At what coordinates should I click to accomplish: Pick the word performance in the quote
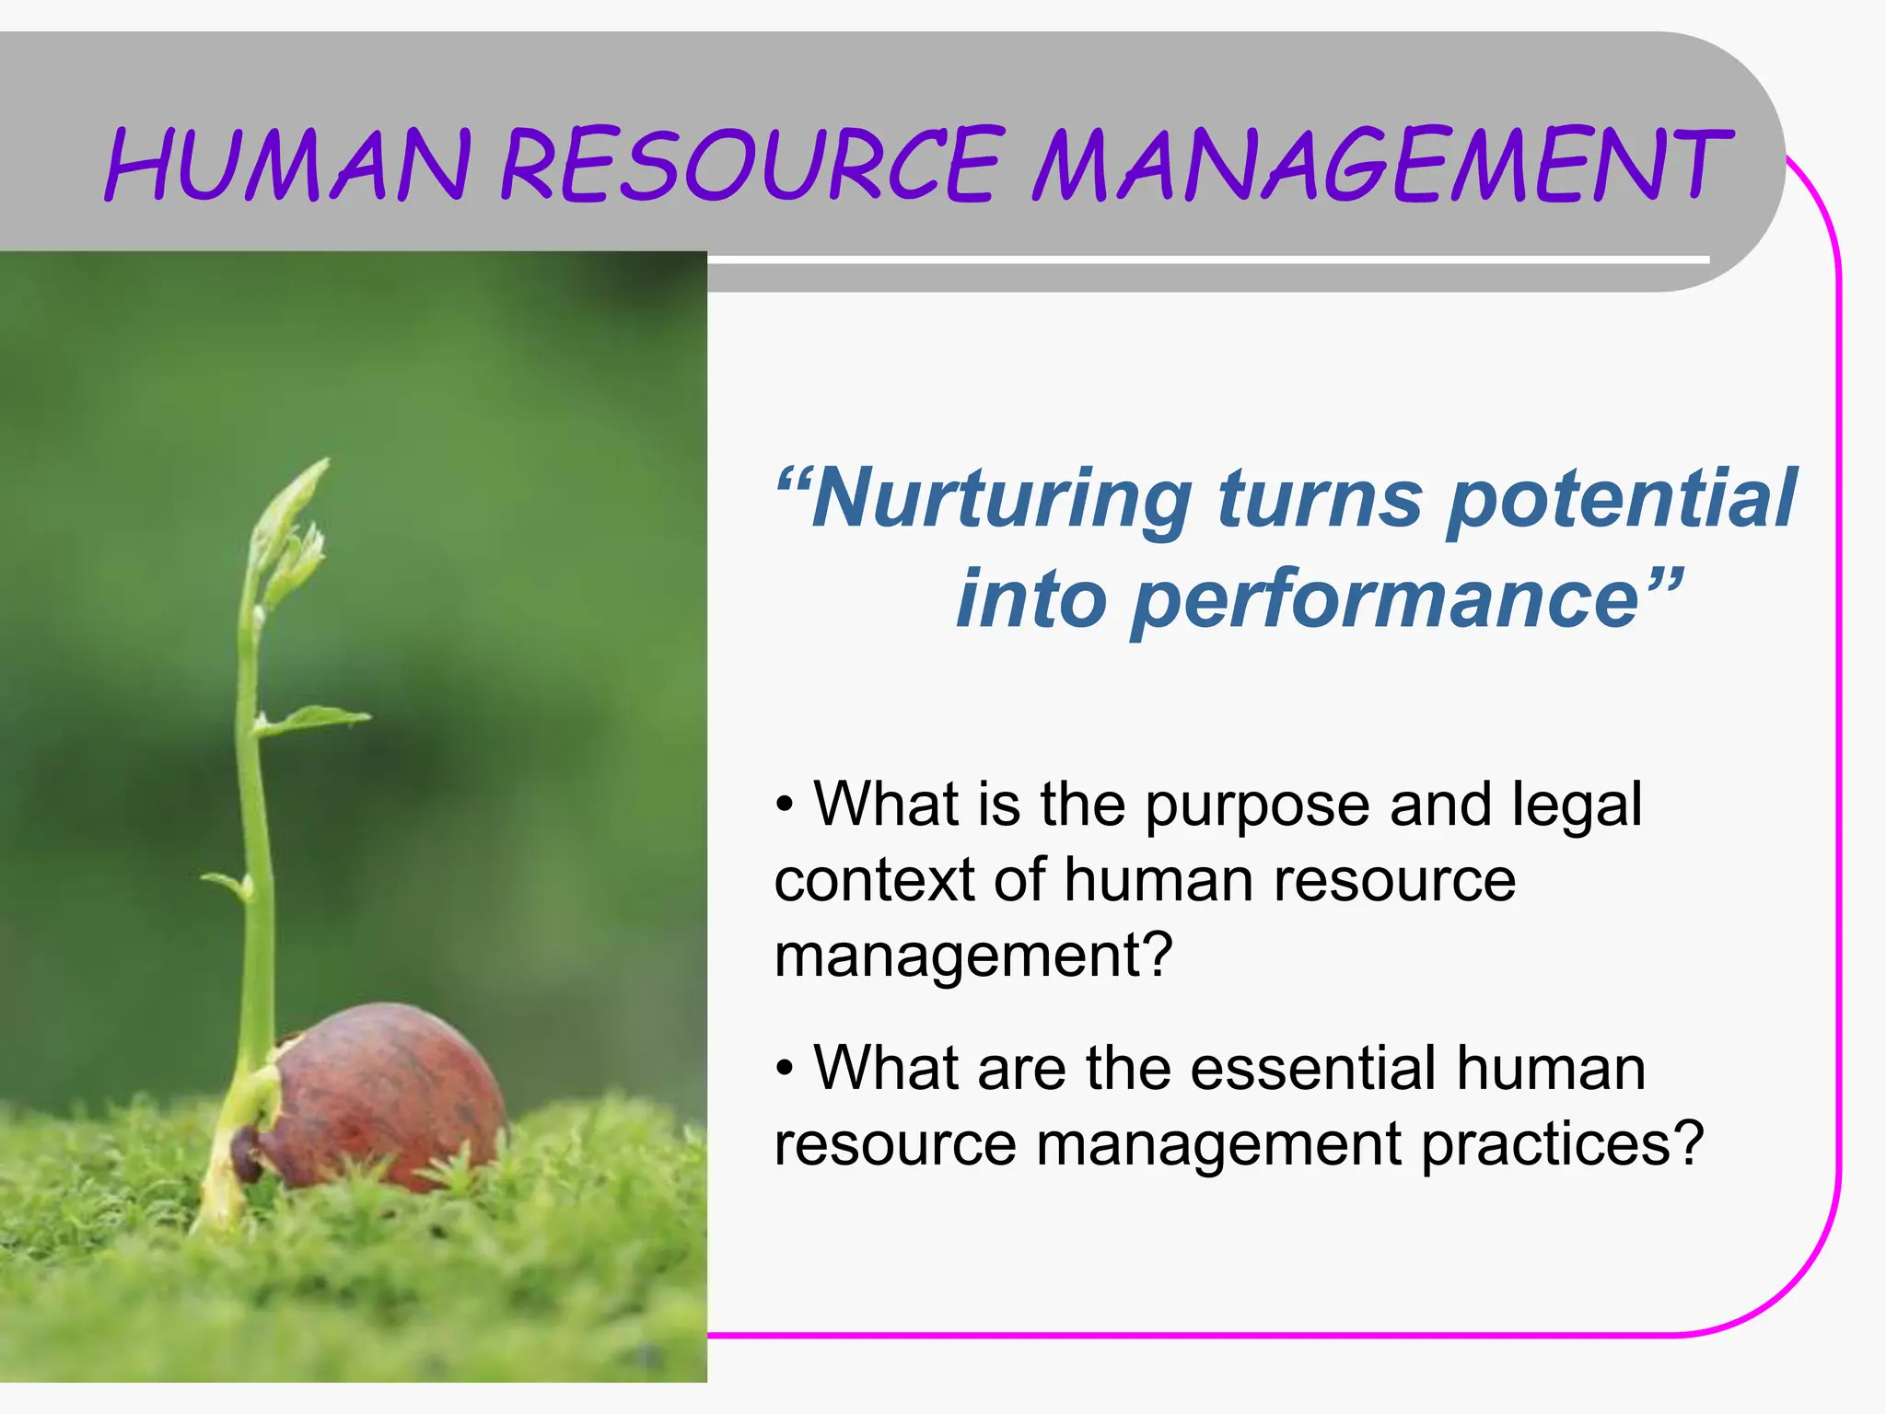pyautogui.click(x=1386, y=600)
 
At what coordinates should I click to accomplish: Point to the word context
pyautogui.click(x=874, y=881)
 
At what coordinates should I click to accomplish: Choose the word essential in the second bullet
pyautogui.click(x=1313, y=1069)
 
